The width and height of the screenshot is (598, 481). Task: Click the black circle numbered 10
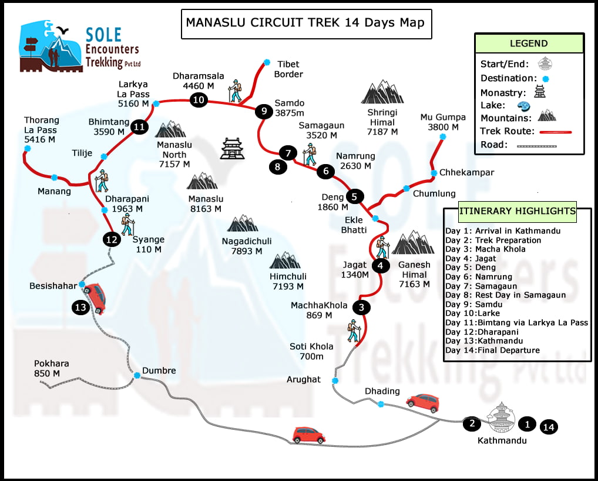coord(199,100)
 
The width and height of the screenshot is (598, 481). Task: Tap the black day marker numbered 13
coord(80,306)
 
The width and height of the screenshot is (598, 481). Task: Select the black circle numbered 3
coord(362,306)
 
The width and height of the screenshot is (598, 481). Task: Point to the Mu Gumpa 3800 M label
coord(442,122)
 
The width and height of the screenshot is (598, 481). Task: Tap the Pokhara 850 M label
coord(51,368)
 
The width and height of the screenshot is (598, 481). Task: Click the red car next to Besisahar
coord(97,298)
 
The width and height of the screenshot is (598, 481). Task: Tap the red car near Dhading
coord(422,403)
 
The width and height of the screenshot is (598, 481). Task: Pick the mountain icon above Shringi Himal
coord(382,93)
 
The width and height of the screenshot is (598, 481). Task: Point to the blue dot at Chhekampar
coord(434,173)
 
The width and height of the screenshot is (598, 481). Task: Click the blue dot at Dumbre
coord(136,375)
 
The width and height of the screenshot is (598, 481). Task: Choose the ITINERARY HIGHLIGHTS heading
coord(517,211)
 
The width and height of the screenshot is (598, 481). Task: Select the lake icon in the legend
coord(523,106)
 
